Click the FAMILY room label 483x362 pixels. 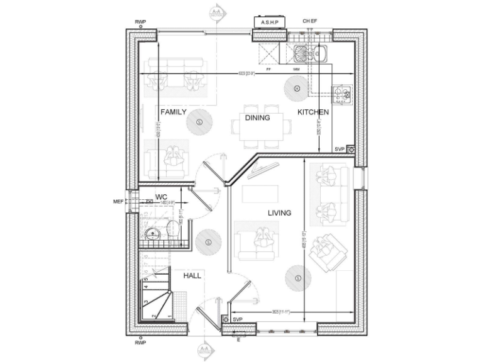[x=173, y=112]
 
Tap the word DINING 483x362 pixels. [x=257, y=118]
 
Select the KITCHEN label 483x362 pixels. [x=313, y=112]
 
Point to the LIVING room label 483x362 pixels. [x=279, y=213]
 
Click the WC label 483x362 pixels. [x=161, y=197]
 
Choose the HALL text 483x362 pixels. [x=192, y=275]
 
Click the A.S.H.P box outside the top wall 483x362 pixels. [x=269, y=23]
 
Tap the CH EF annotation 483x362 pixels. [x=310, y=21]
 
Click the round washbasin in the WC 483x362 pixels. [x=151, y=234]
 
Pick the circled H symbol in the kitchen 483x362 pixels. [x=295, y=87]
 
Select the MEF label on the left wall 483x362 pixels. [x=118, y=202]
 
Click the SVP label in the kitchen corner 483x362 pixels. [x=340, y=149]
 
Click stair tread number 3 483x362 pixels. [x=147, y=302]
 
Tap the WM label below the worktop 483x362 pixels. [x=296, y=69]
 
